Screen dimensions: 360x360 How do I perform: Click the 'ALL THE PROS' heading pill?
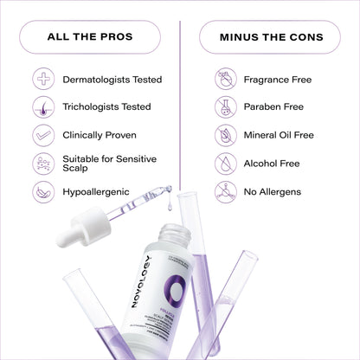click(x=91, y=36)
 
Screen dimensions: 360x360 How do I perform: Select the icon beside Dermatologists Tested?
click(x=44, y=80)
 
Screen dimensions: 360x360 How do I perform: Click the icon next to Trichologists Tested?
click(x=44, y=107)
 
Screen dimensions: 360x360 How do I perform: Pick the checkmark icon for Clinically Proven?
click(x=44, y=135)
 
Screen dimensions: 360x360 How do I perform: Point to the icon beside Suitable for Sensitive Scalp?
click(x=44, y=164)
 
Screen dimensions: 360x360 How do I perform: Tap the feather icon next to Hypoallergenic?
click(x=44, y=191)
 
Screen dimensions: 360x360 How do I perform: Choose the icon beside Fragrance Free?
click(x=226, y=80)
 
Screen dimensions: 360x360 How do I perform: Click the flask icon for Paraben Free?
click(x=226, y=107)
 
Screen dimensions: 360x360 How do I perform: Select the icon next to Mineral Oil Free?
click(x=226, y=135)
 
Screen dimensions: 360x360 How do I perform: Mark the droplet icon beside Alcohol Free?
click(x=226, y=163)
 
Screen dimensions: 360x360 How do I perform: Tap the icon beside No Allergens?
click(x=226, y=191)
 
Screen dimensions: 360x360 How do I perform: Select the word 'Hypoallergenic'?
click(x=97, y=191)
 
